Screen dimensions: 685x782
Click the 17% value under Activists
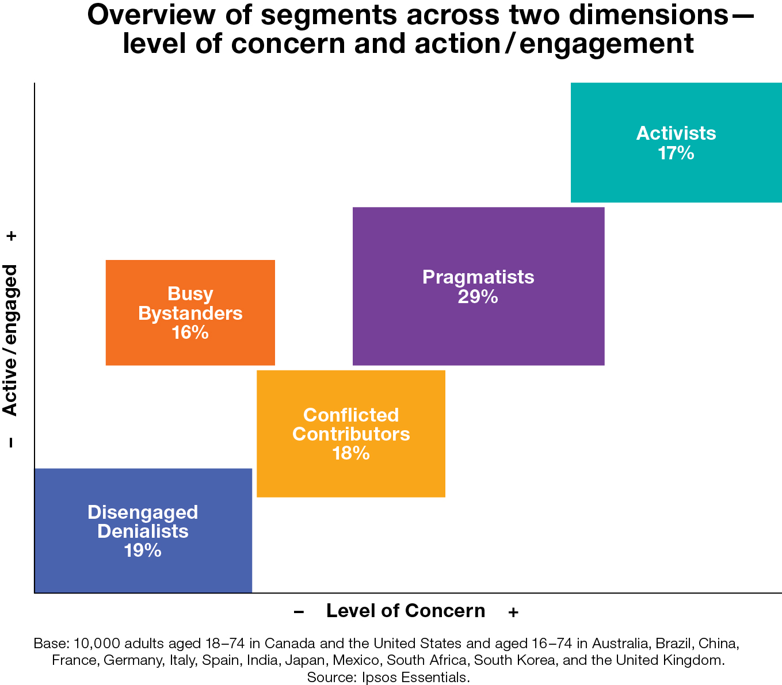pos(676,154)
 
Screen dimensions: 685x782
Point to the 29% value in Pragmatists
pos(478,297)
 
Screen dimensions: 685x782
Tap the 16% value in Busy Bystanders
pos(190,332)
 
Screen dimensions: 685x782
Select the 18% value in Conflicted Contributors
pos(350,453)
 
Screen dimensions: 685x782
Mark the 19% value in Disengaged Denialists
pos(142,550)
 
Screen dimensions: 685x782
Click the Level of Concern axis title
pos(406,611)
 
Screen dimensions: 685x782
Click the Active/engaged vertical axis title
pos(10,340)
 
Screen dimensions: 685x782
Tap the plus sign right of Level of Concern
pos(513,613)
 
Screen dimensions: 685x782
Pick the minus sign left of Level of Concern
pos(299,612)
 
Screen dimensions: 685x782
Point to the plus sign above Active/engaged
pos(12,236)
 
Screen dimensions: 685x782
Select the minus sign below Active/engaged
pos(11,442)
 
